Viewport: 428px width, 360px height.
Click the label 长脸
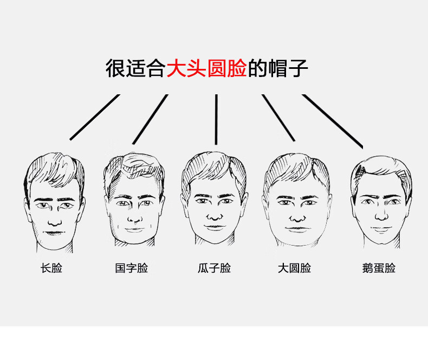(51, 268)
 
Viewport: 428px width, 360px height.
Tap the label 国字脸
(131, 268)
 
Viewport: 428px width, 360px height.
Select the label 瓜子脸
(214, 268)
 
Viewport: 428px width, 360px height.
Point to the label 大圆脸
(294, 268)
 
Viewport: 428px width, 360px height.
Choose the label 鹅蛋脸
(379, 268)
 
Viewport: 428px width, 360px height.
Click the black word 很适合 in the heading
(135, 69)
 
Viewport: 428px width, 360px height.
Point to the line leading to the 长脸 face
(94, 117)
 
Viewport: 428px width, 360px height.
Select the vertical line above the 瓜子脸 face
(216, 119)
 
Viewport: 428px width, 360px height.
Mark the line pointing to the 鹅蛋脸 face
(332, 121)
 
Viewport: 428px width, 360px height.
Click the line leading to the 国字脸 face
(150, 119)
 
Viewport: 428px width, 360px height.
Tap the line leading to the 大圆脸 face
(278, 118)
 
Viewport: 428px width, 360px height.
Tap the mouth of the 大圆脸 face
(296, 228)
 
